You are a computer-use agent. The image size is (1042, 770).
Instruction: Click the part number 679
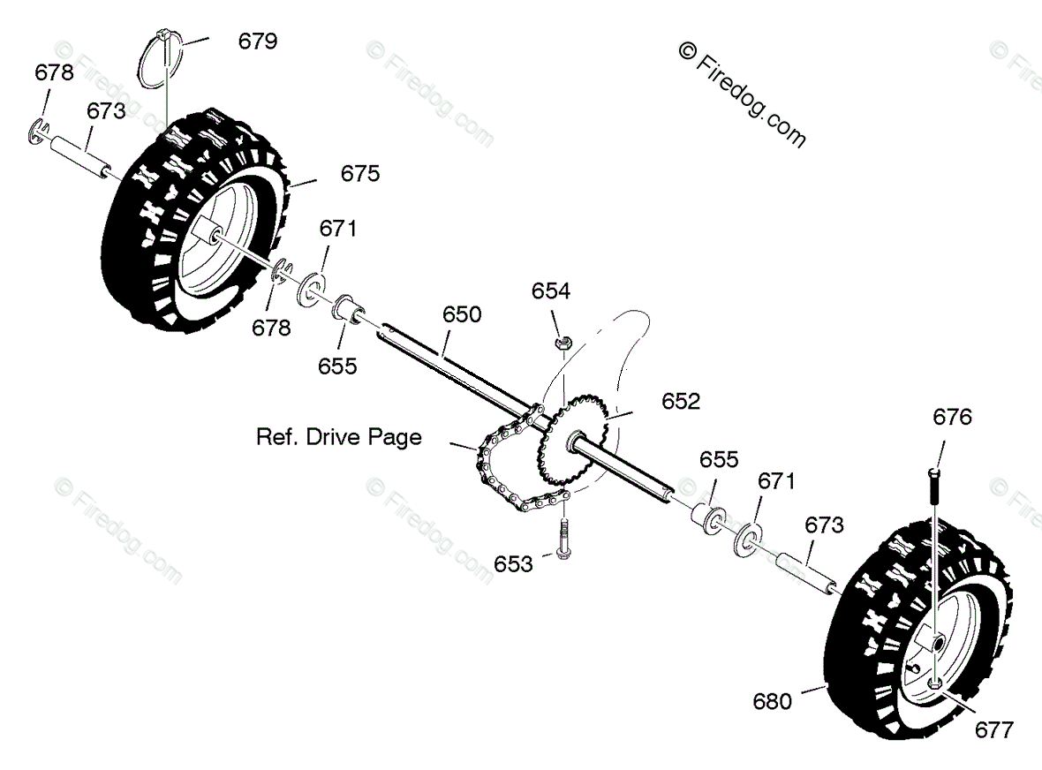(x=258, y=41)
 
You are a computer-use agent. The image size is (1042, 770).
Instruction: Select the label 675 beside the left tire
(x=360, y=174)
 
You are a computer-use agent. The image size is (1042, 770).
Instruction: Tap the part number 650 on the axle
(x=463, y=313)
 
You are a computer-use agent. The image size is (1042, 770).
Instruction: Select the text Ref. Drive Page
(x=339, y=437)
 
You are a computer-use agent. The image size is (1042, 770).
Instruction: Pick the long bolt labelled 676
(x=935, y=512)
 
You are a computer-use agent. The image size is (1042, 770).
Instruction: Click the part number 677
(x=994, y=729)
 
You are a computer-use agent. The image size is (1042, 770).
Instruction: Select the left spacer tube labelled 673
(x=82, y=155)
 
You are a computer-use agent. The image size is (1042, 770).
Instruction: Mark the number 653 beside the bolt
(x=514, y=563)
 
